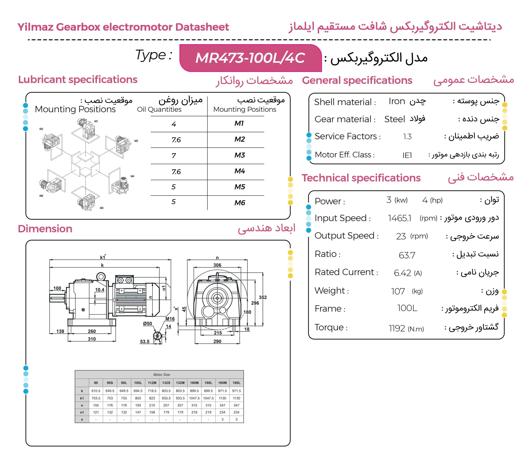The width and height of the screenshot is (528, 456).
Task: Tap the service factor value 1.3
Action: [407, 137]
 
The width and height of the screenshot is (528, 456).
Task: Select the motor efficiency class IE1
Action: [407, 155]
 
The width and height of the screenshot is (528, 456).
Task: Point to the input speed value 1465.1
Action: [400, 218]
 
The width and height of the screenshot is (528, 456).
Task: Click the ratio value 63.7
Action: [407, 255]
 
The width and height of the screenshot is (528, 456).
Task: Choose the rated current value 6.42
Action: [402, 273]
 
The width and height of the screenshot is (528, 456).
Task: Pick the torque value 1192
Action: [397, 328]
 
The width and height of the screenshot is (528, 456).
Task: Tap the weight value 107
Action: [398, 291]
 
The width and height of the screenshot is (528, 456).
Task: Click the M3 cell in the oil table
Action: [239, 155]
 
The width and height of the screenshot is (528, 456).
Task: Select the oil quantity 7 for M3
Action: [174, 155]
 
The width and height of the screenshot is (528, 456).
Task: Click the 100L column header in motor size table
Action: [138, 383]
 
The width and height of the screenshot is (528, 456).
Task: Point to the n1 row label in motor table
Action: [82, 412]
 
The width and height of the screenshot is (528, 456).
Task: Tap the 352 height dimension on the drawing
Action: [263, 297]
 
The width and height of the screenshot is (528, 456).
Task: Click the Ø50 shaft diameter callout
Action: [147, 324]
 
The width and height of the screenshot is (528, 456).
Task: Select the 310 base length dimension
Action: [92, 339]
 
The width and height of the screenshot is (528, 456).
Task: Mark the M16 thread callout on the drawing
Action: [170, 319]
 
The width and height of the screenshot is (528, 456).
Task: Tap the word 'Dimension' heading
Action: [45, 229]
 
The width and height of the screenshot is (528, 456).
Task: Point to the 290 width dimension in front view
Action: [217, 341]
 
